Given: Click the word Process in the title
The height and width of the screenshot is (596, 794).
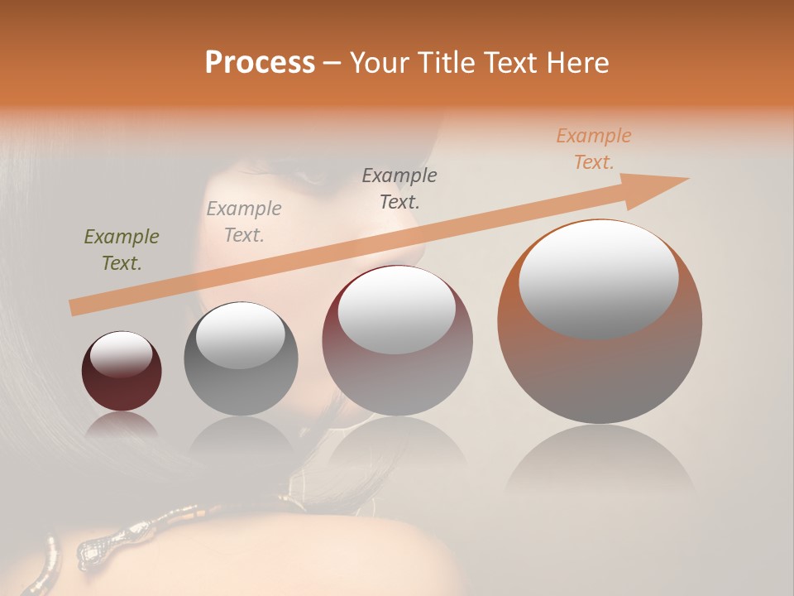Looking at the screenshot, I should point(260,63).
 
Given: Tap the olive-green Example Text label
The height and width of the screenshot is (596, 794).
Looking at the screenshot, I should point(122,250).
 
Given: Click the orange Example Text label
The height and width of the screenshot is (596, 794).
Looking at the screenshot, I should point(594,149).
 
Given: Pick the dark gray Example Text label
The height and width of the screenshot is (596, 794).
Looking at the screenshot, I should point(399,188).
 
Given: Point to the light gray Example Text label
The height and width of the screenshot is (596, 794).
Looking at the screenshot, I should point(244,221).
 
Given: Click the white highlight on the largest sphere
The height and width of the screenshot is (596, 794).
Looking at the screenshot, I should point(598,279).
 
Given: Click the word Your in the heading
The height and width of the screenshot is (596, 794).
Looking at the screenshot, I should point(377,63).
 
